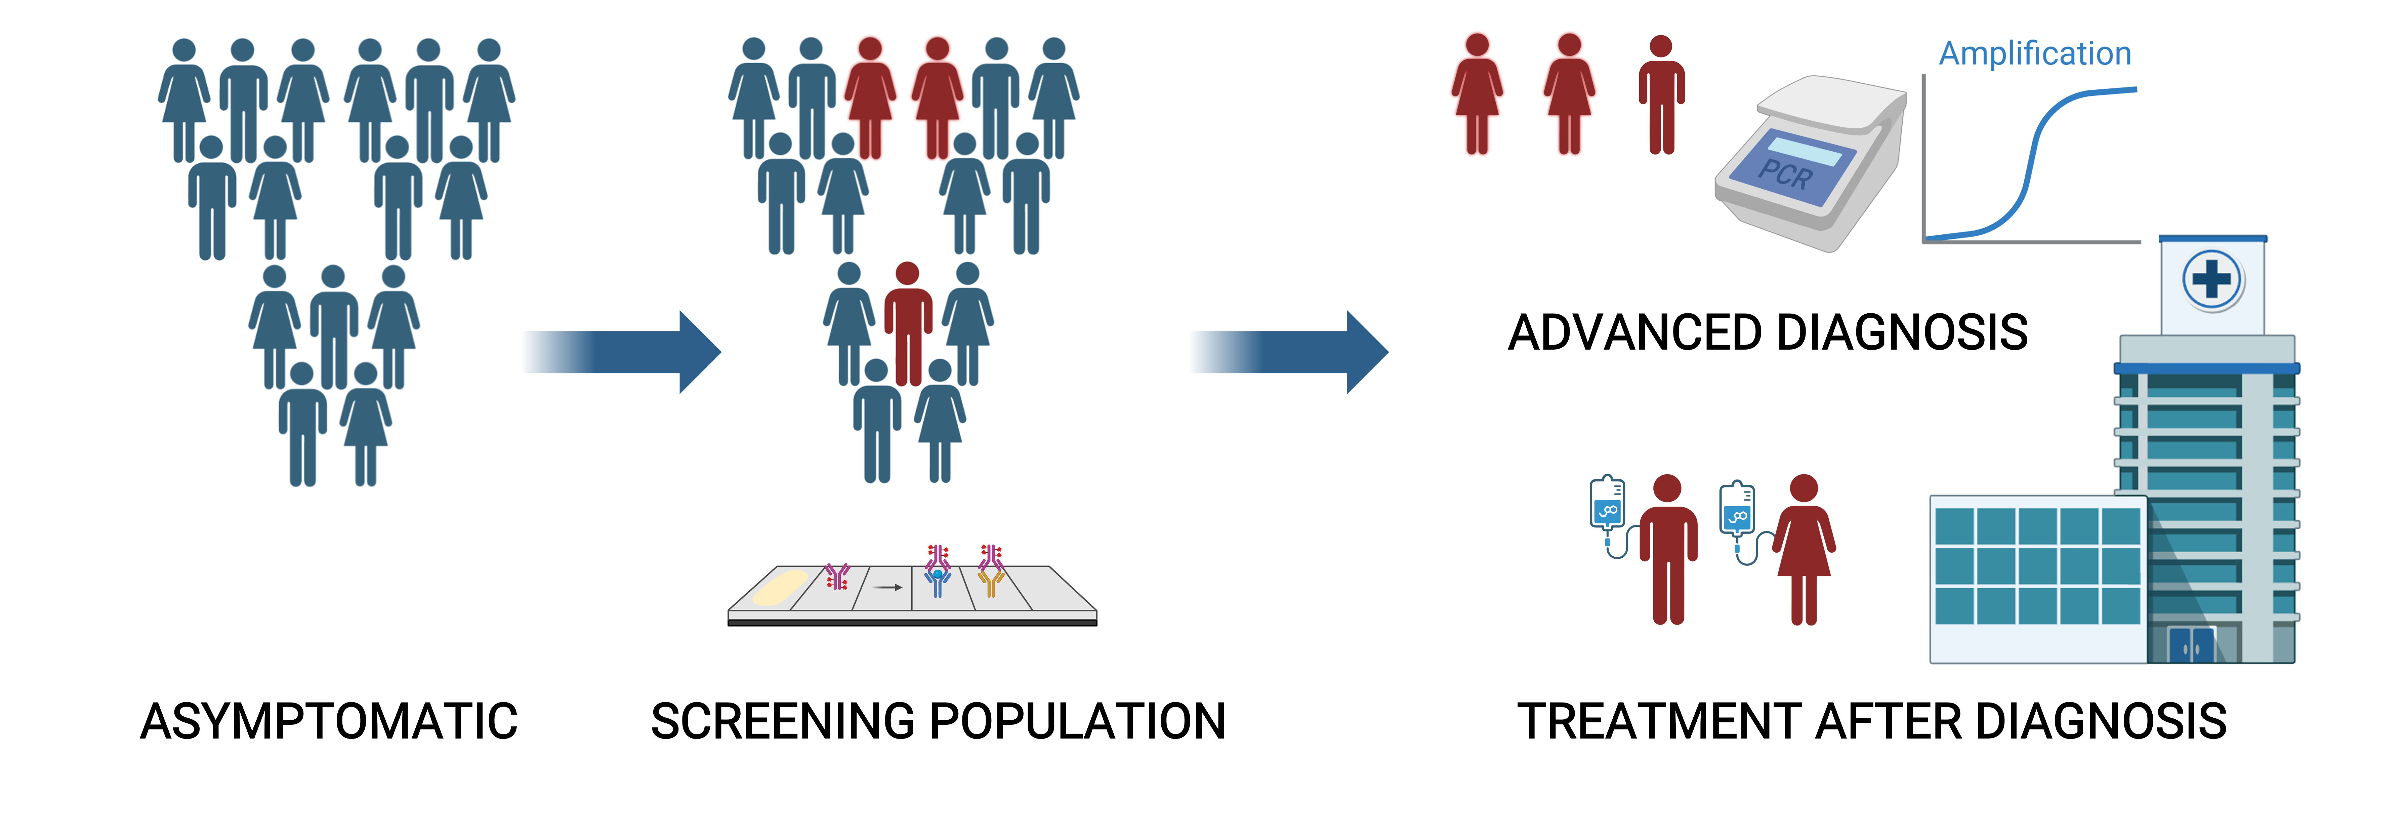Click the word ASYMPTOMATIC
click(x=328, y=721)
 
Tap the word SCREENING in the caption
click(x=783, y=721)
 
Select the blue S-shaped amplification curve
click(x=2033, y=159)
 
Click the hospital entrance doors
click(x=2191, y=644)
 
